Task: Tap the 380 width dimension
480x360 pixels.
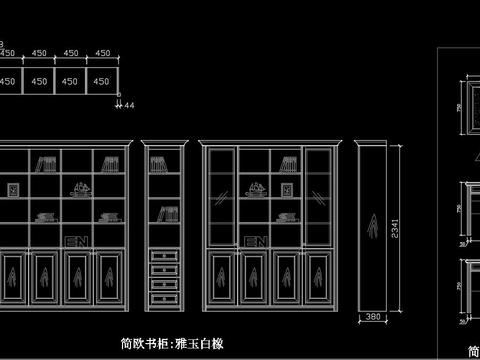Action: [x=372, y=318]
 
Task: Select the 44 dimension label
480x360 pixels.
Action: [x=130, y=103]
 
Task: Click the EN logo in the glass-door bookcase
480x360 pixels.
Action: [x=254, y=241]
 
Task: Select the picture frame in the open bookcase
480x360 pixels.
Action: [x=15, y=188]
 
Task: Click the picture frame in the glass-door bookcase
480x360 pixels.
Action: [x=288, y=188]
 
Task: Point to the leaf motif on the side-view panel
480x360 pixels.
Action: [x=372, y=226]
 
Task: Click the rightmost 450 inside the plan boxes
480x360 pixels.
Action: [x=102, y=80]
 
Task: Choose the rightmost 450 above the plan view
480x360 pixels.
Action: [x=102, y=53]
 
